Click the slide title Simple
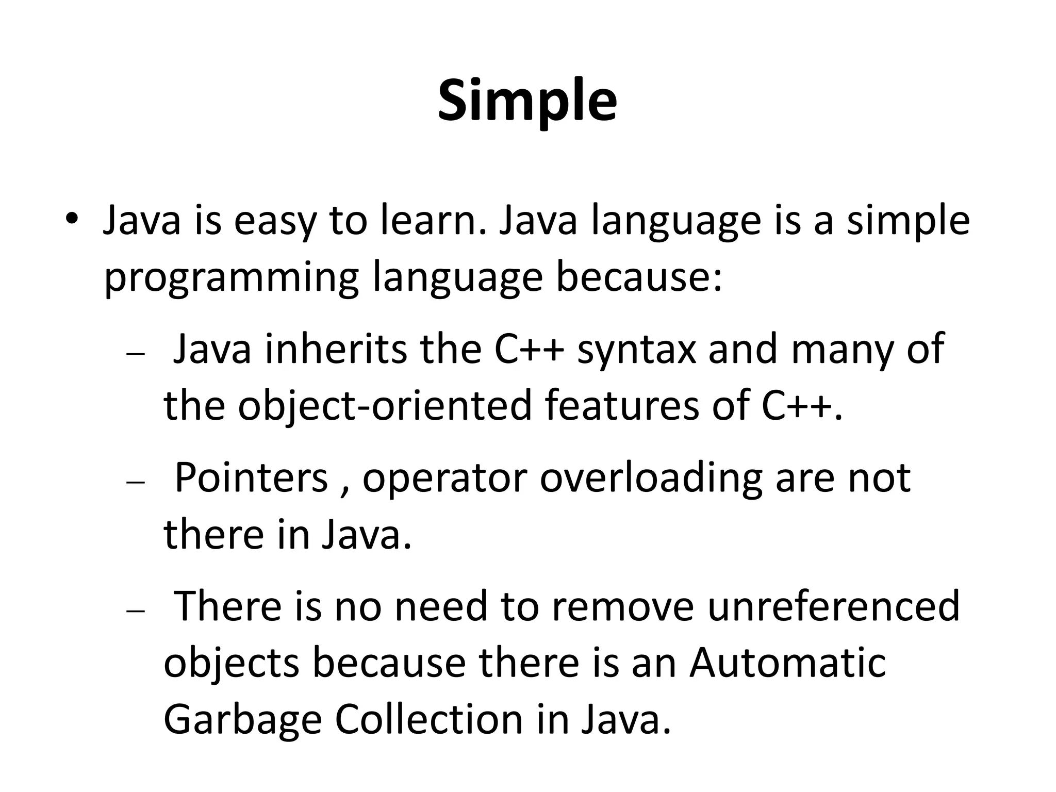(527, 101)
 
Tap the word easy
(274, 221)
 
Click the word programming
(231, 278)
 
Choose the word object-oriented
(384, 405)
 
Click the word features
(622, 405)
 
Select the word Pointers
(251, 477)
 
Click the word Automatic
(787, 663)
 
